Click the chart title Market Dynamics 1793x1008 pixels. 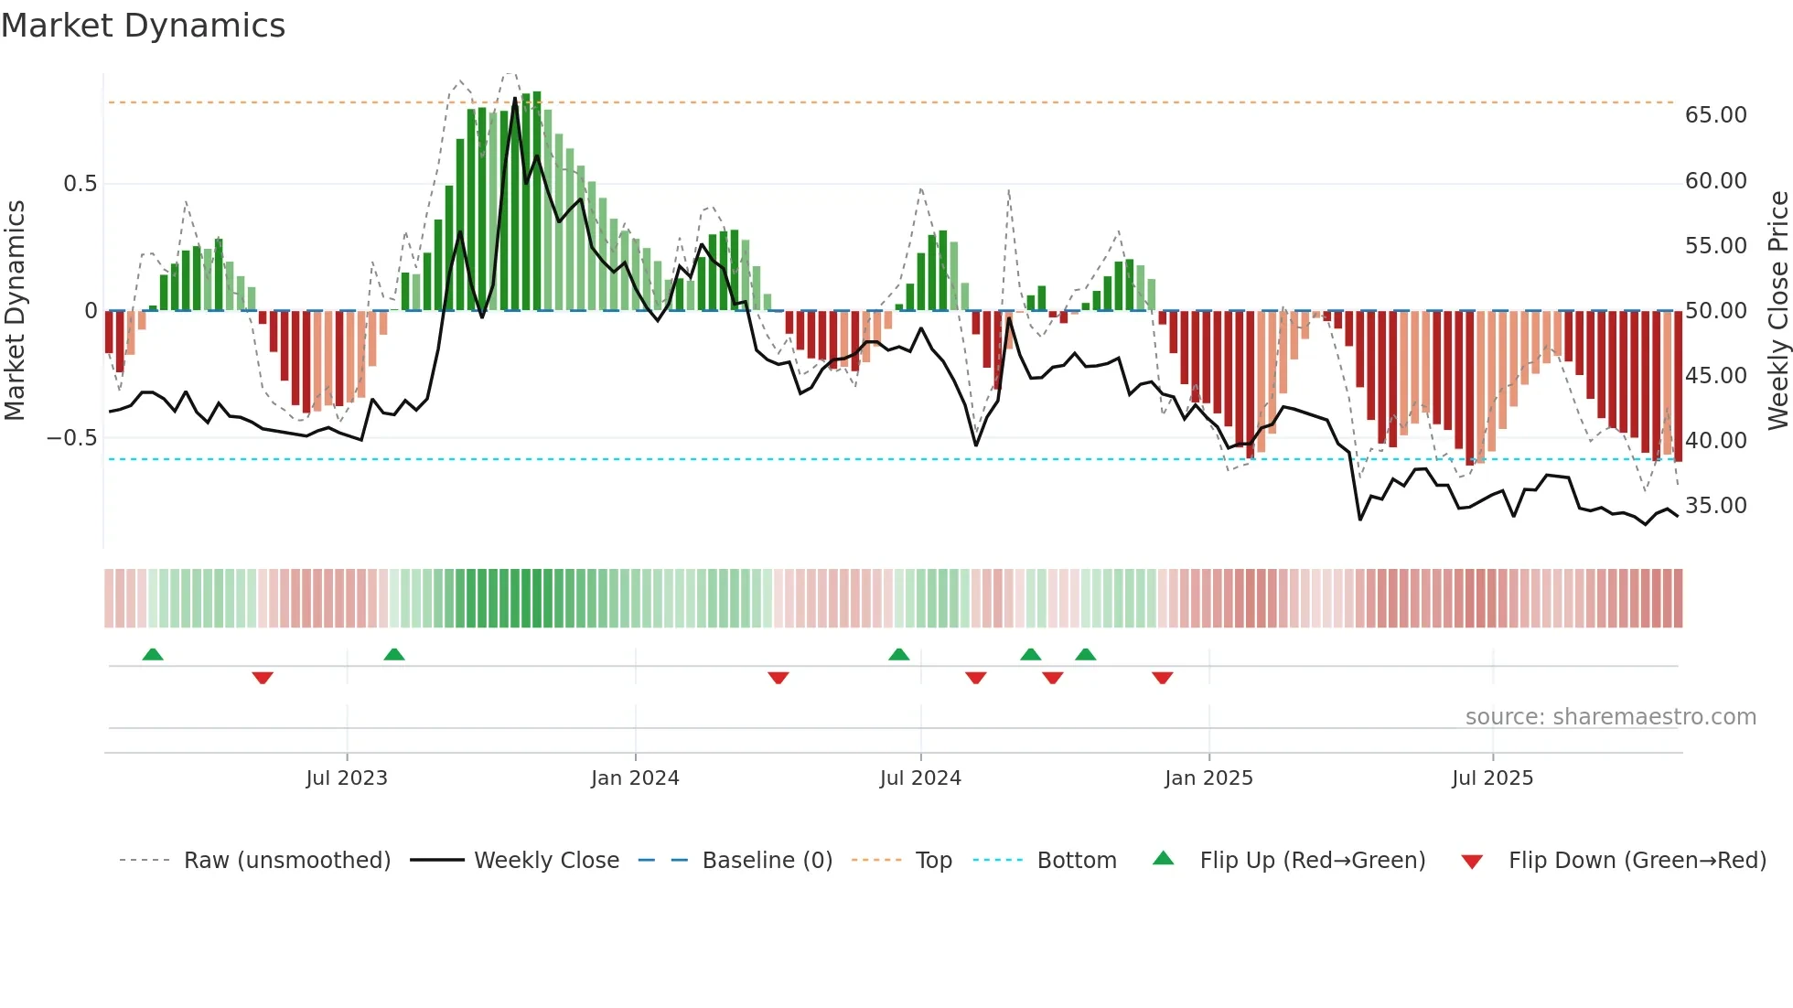click(143, 26)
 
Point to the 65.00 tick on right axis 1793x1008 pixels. click(1715, 115)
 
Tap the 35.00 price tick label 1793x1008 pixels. click(1715, 506)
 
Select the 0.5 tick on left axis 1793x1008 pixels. click(80, 184)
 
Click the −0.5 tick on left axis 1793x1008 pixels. click(72, 438)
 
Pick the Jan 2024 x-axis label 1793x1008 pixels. click(635, 778)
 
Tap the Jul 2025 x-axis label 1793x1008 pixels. click(1492, 778)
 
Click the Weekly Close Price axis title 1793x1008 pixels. click(1777, 310)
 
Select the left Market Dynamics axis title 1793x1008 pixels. click(15, 310)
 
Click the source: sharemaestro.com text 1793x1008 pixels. click(1610, 717)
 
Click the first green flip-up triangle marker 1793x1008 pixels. click(153, 655)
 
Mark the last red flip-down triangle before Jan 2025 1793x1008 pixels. click(1162, 678)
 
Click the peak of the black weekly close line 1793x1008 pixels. click(515, 98)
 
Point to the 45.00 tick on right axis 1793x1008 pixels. click(1715, 376)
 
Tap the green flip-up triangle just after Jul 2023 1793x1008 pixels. click(394, 655)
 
